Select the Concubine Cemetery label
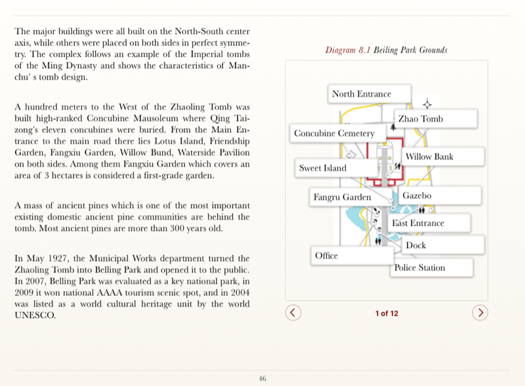click(x=334, y=133)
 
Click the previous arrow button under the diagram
click(x=294, y=312)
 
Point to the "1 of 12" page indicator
click(x=387, y=313)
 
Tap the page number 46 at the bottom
click(x=262, y=378)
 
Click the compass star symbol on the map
click(x=427, y=104)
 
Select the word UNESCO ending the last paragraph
click(x=35, y=315)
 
